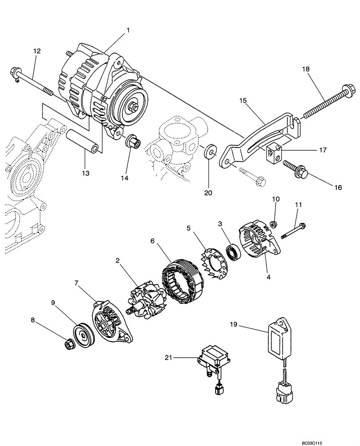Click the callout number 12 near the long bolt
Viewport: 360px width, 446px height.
tap(37, 51)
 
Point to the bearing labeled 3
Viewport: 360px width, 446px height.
tap(233, 253)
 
